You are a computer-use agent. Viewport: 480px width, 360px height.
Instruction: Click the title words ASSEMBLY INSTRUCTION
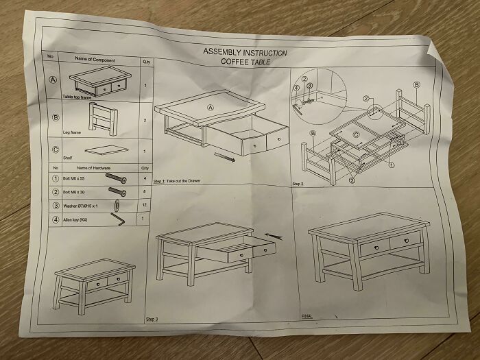[245, 53]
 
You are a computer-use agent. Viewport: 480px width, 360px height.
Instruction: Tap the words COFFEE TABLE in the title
[245, 62]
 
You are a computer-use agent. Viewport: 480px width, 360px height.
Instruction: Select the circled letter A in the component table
[51, 80]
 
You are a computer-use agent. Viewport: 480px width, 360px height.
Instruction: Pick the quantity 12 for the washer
[143, 205]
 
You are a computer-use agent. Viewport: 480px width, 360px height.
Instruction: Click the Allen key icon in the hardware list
[117, 219]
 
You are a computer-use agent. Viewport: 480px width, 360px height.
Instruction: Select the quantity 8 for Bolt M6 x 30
[143, 191]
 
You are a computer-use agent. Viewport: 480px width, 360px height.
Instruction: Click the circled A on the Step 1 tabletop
[211, 108]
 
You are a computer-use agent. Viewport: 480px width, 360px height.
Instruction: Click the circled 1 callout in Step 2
[392, 165]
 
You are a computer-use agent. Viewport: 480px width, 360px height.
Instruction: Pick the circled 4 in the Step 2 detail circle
[296, 88]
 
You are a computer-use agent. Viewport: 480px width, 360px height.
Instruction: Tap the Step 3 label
[152, 320]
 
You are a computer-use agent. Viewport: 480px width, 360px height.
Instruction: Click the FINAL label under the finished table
[307, 316]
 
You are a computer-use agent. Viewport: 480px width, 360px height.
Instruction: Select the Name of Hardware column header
[93, 168]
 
